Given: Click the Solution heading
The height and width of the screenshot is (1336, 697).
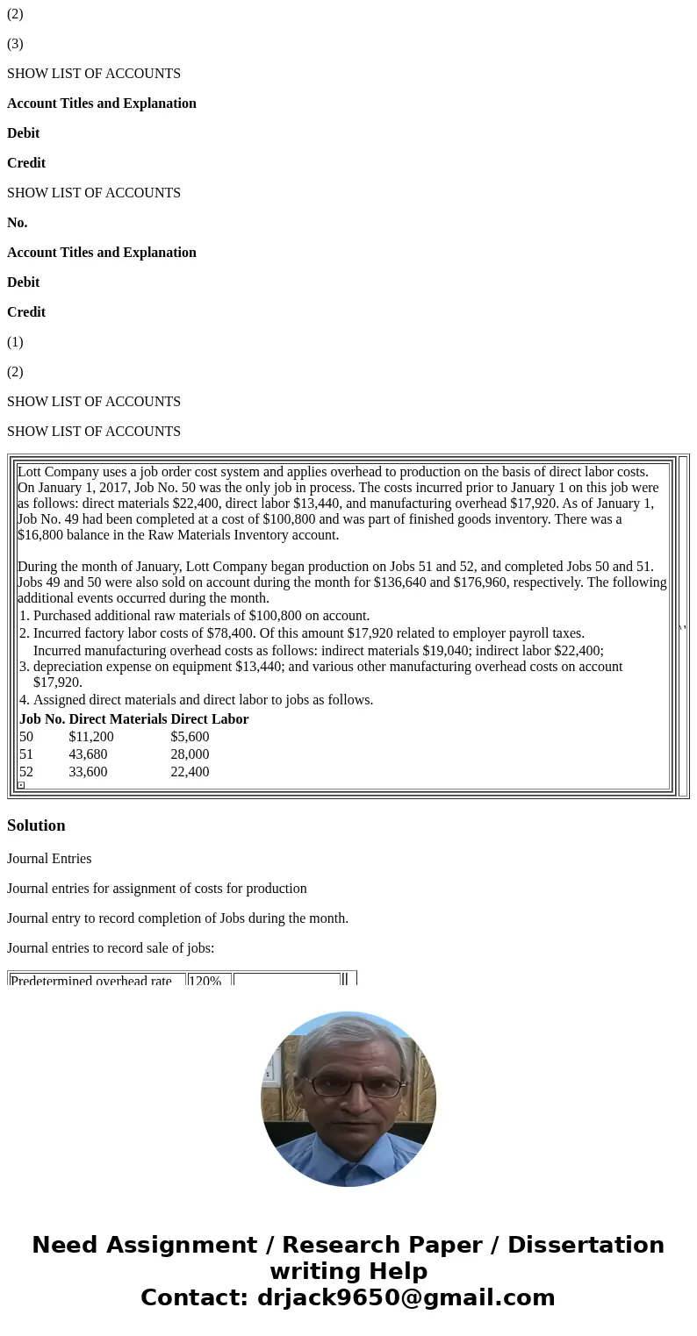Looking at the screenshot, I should pyautogui.click(x=36, y=825).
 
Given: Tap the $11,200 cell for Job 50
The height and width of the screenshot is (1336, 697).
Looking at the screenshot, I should pyautogui.click(x=91, y=737).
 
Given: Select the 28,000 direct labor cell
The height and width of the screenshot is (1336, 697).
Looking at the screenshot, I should pyautogui.click(x=190, y=754).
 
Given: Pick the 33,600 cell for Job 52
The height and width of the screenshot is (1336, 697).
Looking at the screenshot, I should pyautogui.click(x=88, y=772).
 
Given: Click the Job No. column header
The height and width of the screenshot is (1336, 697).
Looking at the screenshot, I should pyautogui.click(x=42, y=719).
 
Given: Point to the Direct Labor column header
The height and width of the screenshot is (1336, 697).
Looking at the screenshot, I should pyautogui.click(x=210, y=719).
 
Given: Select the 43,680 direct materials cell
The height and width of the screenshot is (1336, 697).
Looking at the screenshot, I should pyautogui.click(x=88, y=754).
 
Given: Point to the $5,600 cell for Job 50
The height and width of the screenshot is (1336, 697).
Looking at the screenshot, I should pyautogui.click(x=190, y=737).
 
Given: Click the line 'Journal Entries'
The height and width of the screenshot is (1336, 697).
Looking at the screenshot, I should pyautogui.click(x=49, y=859).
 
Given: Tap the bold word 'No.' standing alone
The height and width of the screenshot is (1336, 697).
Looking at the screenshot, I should pyautogui.click(x=18, y=223).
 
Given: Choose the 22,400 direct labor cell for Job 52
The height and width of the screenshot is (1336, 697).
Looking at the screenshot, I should pyautogui.click(x=190, y=772).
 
